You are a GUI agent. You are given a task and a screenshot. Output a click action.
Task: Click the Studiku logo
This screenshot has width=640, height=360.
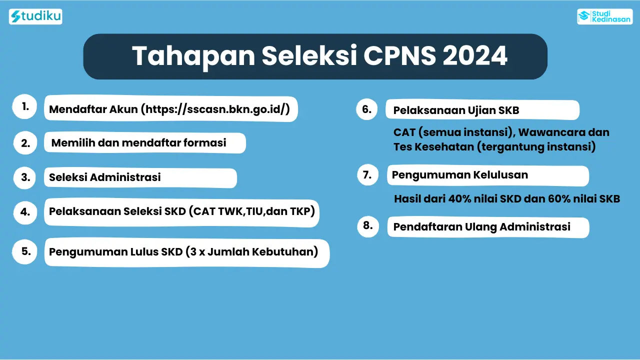(35, 16)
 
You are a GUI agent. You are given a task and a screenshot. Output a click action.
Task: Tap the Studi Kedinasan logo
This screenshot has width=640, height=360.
(604, 16)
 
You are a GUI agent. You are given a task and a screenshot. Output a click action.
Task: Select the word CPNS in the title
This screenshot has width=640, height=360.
(399, 55)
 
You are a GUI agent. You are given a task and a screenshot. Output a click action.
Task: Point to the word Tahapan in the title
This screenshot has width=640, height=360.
(193, 56)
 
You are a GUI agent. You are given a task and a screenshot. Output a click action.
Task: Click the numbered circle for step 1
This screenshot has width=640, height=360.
(25, 106)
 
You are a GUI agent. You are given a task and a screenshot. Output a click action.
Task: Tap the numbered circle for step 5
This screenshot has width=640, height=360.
(25, 251)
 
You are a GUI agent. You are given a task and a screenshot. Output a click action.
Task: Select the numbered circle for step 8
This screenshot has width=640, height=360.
(368, 226)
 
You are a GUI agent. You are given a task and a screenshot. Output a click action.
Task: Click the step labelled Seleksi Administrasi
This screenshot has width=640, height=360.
(105, 177)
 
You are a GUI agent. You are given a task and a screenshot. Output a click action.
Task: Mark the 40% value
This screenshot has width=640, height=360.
(459, 199)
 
